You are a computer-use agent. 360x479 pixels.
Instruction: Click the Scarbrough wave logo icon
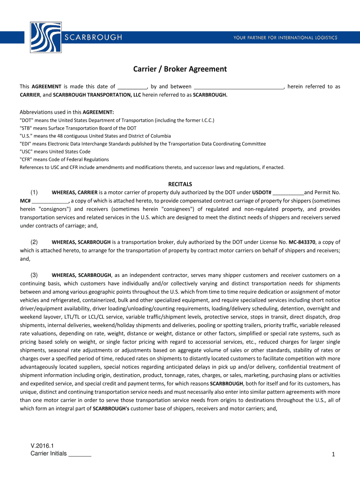click(44, 37)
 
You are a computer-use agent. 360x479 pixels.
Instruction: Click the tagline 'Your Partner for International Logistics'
click(285, 37)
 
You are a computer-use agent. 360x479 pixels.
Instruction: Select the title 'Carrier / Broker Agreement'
click(180, 69)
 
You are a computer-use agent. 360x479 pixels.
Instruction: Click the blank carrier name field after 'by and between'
click(238, 87)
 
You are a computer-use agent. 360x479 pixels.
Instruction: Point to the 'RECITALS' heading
click(180, 184)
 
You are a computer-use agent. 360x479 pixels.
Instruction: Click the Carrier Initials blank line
click(79, 454)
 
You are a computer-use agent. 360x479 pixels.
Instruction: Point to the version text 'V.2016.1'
click(42, 446)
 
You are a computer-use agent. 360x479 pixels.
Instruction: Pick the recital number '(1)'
click(34, 192)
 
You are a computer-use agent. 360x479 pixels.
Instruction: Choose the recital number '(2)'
click(34, 242)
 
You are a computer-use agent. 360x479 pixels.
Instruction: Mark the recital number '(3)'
click(34, 275)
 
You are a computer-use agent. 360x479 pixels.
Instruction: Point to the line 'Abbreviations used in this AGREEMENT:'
click(67, 112)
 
